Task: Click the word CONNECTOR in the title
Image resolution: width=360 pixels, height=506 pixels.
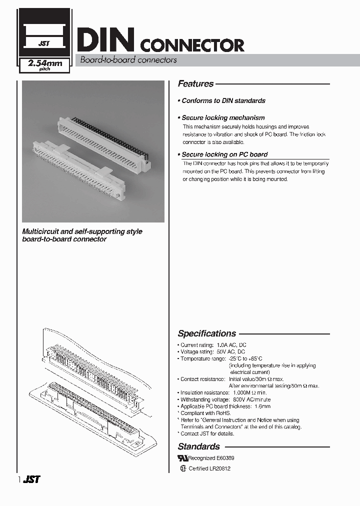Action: (x=192, y=45)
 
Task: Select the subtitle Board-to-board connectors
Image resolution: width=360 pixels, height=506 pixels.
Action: (x=125, y=60)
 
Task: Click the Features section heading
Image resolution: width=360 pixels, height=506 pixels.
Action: (x=195, y=84)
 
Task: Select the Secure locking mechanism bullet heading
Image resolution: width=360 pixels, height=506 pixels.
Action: (x=223, y=118)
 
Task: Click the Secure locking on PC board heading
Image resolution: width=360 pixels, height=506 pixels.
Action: (x=224, y=154)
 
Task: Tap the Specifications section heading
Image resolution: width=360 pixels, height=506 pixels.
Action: (x=206, y=333)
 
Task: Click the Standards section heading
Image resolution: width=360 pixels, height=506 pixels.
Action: (x=198, y=446)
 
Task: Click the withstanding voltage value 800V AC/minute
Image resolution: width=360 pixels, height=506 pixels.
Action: (x=252, y=399)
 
